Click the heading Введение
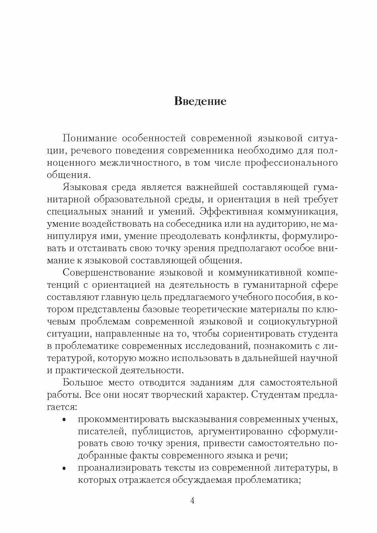pyautogui.click(x=200, y=101)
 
